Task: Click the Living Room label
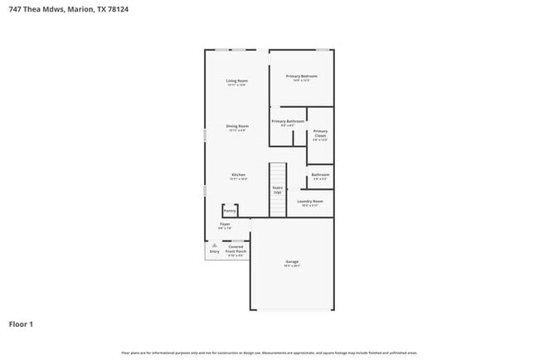coord(237,80)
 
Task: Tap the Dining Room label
coord(237,126)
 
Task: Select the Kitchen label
coord(238,175)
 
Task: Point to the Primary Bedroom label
coord(302,76)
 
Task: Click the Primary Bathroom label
coord(289,121)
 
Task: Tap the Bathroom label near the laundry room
coord(320,175)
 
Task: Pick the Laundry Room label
coord(310,202)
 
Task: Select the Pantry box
coord(229,211)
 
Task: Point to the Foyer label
coord(225,224)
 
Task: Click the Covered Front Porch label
coord(236,248)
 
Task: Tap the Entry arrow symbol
coord(214,245)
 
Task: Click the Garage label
coord(292,261)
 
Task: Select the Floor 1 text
coord(21,324)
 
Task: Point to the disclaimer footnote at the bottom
coord(269,353)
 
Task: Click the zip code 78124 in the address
coord(119,9)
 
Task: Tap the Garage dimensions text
coord(292,265)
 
